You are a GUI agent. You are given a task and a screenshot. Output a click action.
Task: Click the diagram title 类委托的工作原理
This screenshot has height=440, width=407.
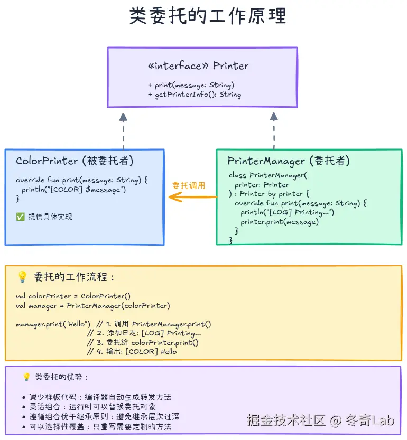point(207,16)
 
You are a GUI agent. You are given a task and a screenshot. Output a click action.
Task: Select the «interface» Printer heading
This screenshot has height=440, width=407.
point(198,66)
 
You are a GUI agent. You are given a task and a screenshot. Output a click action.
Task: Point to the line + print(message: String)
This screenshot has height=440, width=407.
point(191,85)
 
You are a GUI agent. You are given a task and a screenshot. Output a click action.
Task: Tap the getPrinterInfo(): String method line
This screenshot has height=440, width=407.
point(194,95)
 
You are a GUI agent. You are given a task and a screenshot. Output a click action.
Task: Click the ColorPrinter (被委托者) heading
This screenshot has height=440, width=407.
point(75,161)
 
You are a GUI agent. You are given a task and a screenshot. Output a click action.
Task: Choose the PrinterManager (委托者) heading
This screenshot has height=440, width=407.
point(289,161)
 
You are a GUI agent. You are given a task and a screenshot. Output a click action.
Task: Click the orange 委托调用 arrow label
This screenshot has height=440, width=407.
point(189,185)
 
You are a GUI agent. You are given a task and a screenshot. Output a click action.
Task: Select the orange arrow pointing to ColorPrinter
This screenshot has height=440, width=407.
point(192,197)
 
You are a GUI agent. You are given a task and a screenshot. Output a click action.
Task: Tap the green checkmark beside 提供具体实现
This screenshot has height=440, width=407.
point(20,217)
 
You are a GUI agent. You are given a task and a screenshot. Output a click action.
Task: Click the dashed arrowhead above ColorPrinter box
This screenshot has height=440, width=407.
point(123,117)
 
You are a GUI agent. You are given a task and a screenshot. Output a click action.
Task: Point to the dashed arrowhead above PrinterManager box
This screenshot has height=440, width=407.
point(274,117)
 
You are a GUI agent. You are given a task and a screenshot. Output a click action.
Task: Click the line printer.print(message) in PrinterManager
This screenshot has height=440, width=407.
point(280,222)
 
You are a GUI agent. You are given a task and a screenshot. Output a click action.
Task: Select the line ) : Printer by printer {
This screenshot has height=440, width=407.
point(269,194)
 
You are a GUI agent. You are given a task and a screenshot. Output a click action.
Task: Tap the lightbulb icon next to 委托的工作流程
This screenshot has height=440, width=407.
point(22,277)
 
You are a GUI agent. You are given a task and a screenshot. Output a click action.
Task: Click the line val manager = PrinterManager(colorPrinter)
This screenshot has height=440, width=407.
point(93,305)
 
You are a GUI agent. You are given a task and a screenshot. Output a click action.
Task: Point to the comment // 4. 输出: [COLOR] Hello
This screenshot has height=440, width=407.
point(132,351)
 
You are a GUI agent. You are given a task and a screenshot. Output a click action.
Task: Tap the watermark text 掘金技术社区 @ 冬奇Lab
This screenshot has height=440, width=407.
point(320,420)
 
